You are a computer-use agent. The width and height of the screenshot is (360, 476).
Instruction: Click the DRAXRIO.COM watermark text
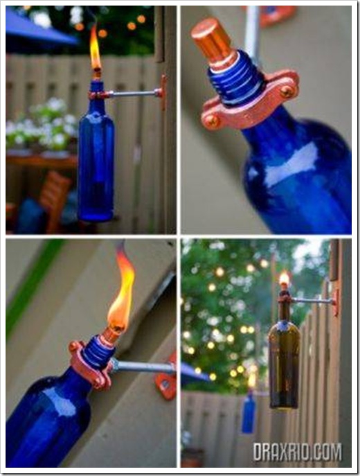297,452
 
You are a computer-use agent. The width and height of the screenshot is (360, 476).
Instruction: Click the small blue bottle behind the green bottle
249,412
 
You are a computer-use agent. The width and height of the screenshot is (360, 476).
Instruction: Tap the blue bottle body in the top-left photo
96,164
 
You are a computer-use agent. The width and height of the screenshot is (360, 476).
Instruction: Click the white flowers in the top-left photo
42,125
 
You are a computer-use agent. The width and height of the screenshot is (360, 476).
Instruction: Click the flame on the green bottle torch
284,279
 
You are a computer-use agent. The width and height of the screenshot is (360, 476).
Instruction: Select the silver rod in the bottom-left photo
143,367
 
